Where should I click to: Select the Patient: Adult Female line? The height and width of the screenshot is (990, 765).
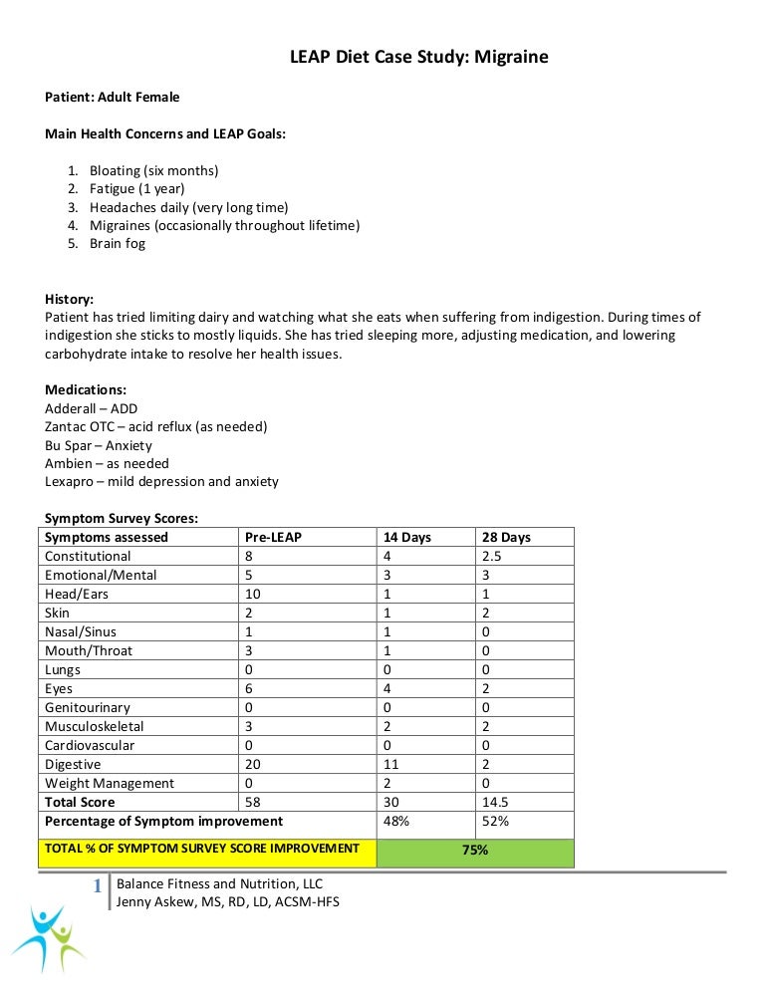click(x=113, y=97)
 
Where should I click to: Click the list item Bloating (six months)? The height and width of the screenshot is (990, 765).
click(x=153, y=170)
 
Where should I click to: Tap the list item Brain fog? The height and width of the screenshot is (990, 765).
click(x=117, y=243)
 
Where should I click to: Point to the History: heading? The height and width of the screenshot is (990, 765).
click(x=70, y=299)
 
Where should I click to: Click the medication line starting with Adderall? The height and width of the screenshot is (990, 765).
click(x=92, y=408)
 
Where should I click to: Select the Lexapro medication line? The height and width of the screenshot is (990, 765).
click(x=161, y=481)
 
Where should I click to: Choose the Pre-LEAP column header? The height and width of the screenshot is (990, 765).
click(x=273, y=537)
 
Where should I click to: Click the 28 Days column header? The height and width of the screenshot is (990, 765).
click(x=505, y=537)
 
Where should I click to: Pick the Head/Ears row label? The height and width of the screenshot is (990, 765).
click(x=77, y=594)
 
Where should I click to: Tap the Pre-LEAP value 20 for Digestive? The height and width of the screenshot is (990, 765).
click(x=253, y=764)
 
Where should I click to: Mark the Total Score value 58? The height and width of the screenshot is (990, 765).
click(x=253, y=802)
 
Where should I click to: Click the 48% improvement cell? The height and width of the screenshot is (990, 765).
click(x=397, y=821)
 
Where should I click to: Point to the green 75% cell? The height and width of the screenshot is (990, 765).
click(x=475, y=851)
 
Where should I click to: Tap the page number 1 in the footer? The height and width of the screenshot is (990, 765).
click(x=98, y=885)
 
